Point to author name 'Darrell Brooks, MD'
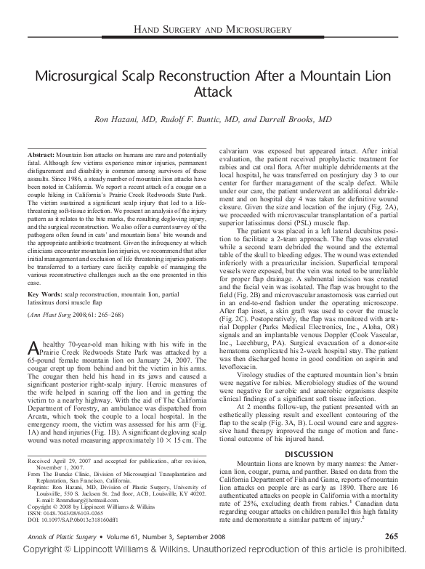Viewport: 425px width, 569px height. tap(294, 119)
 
